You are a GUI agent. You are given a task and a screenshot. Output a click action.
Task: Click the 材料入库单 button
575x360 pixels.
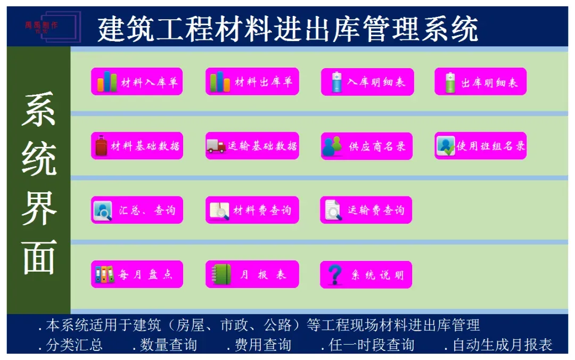click(x=137, y=81)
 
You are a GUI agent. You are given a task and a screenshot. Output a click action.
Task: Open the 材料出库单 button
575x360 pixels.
click(x=252, y=81)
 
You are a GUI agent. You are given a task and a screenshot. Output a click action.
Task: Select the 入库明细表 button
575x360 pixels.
click(x=367, y=81)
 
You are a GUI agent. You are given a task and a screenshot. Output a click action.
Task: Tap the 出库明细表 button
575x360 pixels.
click(x=480, y=81)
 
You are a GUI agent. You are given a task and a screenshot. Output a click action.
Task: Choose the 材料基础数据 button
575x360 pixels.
click(x=137, y=146)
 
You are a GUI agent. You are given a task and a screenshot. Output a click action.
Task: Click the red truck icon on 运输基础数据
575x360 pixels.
click(x=216, y=146)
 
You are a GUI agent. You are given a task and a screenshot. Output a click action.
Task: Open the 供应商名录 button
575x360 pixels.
click(x=366, y=146)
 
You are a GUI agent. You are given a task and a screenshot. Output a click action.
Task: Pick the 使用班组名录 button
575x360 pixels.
click(x=480, y=146)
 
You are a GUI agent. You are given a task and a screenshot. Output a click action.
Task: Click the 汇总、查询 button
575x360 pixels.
click(x=137, y=210)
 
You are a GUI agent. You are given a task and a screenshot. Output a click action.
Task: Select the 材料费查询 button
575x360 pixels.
click(x=252, y=210)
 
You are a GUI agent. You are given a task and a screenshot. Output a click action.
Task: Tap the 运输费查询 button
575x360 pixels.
click(x=366, y=210)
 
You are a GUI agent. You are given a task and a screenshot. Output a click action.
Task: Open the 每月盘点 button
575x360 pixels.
click(x=137, y=275)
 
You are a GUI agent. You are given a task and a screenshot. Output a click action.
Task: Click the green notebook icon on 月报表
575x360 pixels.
click(x=222, y=275)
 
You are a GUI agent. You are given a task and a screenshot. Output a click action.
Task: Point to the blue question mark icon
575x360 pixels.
click(x=334, y=275)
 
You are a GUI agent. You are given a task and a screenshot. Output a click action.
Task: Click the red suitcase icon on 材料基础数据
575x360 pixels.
click(x=102, y=146)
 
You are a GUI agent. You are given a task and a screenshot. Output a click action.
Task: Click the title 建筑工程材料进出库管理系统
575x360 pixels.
click(x=287, y=28)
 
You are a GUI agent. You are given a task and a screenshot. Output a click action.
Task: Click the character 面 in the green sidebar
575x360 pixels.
click(x=39, y=257)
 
